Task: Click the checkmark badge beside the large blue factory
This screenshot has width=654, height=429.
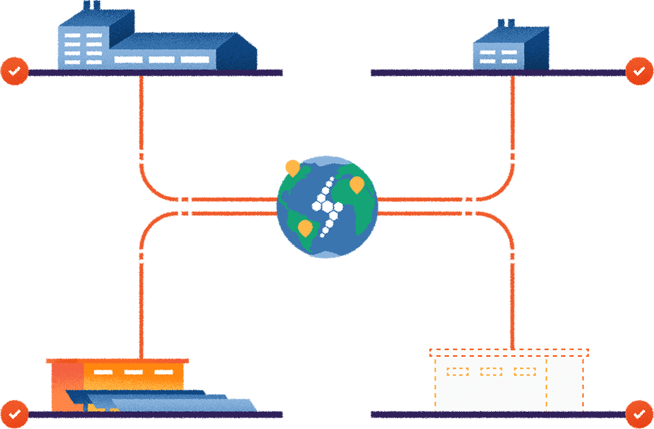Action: click(15, 70)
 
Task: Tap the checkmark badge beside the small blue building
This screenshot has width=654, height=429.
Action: click(639, 70)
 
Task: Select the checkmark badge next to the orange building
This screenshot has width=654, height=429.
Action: click(15, 413)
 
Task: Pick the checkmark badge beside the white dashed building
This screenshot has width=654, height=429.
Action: click(639, 413)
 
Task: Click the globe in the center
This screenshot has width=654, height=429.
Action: click(327, 206)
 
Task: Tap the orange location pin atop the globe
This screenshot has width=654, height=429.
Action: click(292, 168)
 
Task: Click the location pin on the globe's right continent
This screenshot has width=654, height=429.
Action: click(357, 186)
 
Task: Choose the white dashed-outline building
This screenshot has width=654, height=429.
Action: click(509, 381)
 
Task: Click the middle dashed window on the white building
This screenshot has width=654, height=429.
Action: click(491, 371)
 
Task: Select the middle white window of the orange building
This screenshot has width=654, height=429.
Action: click(133, 372)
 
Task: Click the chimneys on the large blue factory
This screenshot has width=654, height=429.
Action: click(92, 6)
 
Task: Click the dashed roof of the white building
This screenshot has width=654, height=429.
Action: click(509, 352)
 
